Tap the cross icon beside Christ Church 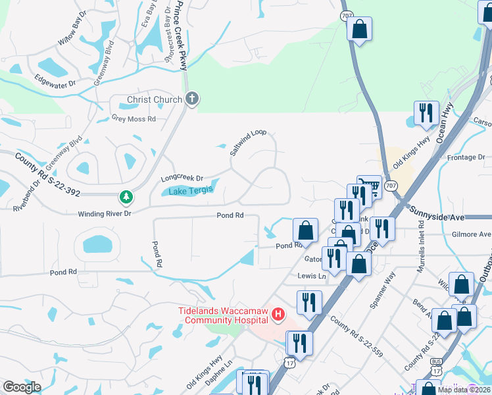coord(192,99)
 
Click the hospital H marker coord(278,316)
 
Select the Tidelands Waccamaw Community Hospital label coord(224,315)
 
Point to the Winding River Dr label coord(105,214)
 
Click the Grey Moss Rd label coord(133,119)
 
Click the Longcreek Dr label coord(182,178)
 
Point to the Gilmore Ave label coord(471,234)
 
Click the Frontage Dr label coord(465,157)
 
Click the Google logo coord(22,387)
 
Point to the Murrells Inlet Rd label coord(421,253)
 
